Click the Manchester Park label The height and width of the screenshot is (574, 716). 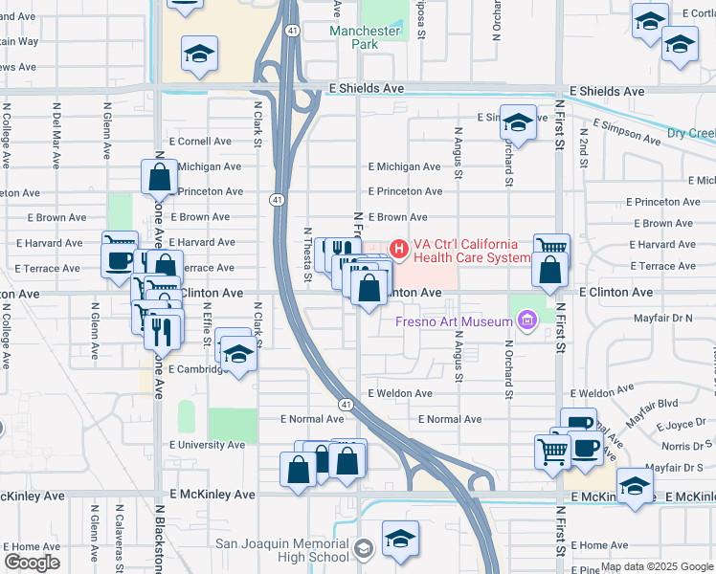click(x=365, y=37)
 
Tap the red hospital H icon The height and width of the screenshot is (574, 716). click(x=398, y=251)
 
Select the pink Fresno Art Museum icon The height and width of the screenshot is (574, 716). click(x=526, y=321)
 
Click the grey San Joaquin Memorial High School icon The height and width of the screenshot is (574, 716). click(x=363, y=549)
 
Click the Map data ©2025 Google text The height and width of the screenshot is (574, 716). click(x=657, y=566)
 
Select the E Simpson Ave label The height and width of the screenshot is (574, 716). click(x=627, y=132)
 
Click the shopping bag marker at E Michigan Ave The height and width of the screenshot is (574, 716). click(x=159, y=176)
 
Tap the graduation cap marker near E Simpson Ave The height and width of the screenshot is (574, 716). click(x=518, y=122)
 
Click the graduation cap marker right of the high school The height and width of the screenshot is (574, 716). click(x=400, y=538)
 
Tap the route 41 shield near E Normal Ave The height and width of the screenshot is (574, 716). click(x=344, y=406)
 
